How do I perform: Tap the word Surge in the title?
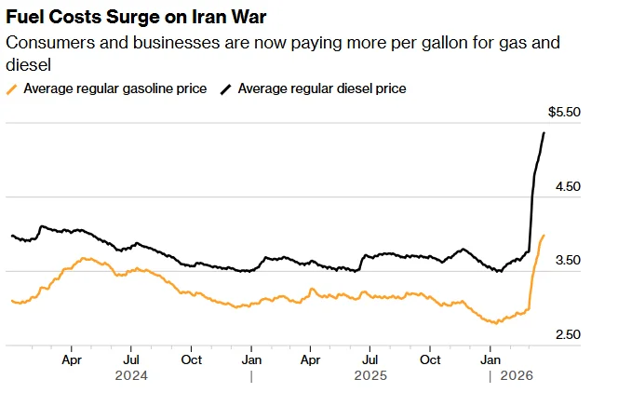[134, 18]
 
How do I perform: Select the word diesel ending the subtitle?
[28, 65]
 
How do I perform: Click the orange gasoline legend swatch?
[11, 89]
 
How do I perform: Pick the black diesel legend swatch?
[225, 89]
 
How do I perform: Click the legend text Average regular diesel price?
[322, 88]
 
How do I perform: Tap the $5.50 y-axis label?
[564, 112]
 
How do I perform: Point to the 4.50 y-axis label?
[568, 186]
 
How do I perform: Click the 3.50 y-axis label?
[568, 260]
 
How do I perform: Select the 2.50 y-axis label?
[568, 334]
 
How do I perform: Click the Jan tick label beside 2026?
[490, 359]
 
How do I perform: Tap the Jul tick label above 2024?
[131, 359]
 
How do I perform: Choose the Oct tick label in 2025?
[430, 359]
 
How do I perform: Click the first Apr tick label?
[72, 359]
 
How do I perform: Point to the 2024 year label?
[131, 375]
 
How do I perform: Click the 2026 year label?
[517, 375]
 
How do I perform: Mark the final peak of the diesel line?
[544, 133]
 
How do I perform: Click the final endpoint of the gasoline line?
[544, 236]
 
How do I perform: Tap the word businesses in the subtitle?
[176, 43]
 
